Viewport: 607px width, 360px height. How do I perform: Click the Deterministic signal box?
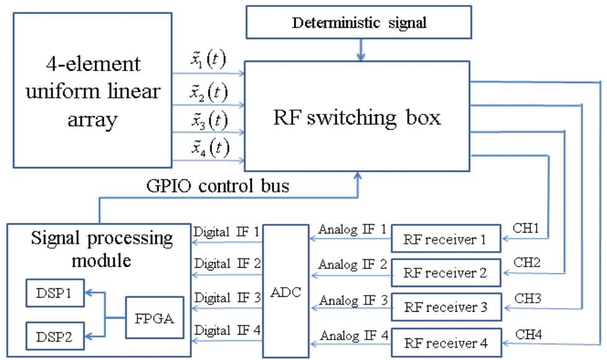359,24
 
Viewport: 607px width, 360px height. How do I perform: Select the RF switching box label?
358,117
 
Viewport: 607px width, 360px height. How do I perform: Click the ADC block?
285,291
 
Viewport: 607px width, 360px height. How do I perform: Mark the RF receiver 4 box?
444,342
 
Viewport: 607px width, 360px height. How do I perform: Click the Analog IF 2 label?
353,265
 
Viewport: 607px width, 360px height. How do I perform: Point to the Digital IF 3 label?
227,298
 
